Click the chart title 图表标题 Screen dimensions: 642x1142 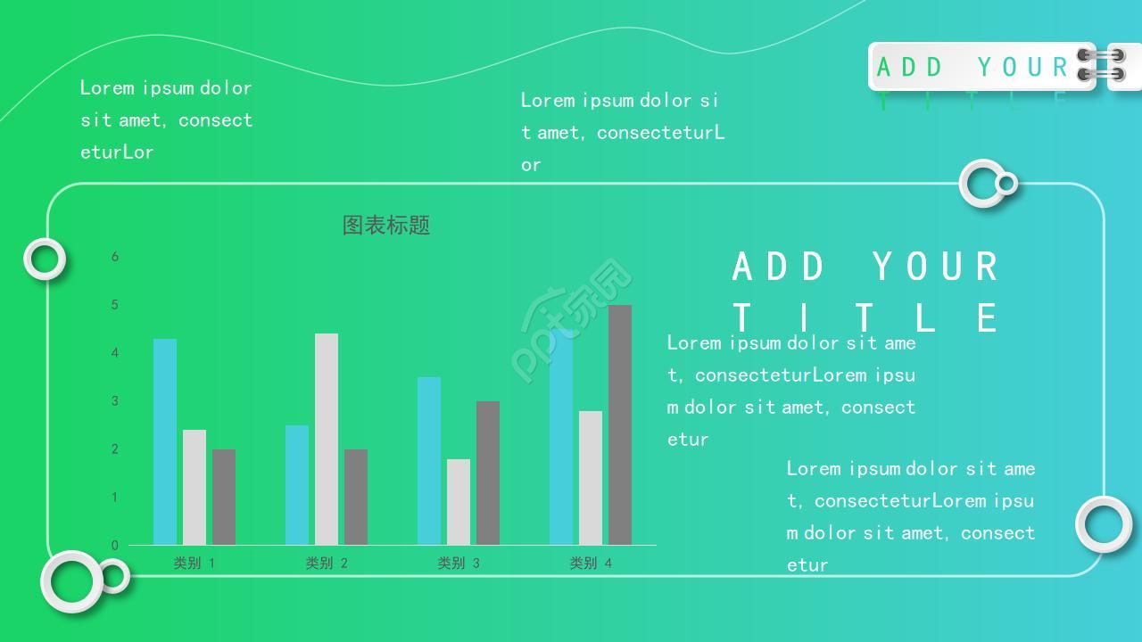386,225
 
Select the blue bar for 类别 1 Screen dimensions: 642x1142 165,441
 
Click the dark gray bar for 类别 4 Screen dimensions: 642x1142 620,424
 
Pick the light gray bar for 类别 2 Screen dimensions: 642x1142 327,439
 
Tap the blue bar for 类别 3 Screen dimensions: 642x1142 429,460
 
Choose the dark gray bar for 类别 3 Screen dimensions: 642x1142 488,473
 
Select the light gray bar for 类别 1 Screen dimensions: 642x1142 194,487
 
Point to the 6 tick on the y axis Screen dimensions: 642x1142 115,257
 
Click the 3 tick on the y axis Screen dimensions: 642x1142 115,401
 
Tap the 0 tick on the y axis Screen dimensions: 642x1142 115,545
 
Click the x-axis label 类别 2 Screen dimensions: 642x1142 327,564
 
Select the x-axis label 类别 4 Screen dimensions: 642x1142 591,564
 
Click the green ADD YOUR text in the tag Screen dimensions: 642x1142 972,67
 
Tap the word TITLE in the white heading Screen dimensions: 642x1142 865,317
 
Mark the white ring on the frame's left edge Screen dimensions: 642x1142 45,259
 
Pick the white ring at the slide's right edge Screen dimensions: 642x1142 1104,524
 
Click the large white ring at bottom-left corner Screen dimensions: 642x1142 71,581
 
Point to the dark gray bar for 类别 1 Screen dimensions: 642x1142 224,497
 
